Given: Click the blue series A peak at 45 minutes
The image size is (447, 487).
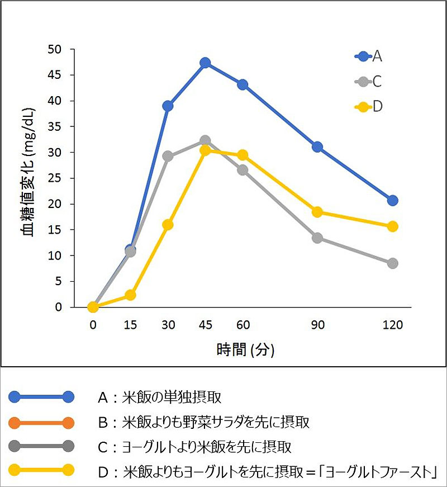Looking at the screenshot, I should pos(205,63).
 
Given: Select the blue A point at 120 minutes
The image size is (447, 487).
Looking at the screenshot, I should pos(392,200).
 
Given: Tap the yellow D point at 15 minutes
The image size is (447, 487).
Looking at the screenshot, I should pos(130,295).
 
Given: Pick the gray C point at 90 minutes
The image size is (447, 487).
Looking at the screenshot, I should pos(317,238).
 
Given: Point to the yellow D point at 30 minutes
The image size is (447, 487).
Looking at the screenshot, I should pos(168,225).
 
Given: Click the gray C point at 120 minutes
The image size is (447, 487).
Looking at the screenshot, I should pos(392,263).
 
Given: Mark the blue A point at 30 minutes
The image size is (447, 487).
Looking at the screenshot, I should pos(168,106).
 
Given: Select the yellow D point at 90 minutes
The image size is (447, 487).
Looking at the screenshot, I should pos(317,212).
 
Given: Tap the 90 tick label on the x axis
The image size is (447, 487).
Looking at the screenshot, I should pos(317,325).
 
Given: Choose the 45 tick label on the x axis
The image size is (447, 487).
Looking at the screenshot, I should pos(205,325).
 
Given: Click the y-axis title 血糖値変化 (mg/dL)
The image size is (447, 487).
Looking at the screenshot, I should pos(29,178).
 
